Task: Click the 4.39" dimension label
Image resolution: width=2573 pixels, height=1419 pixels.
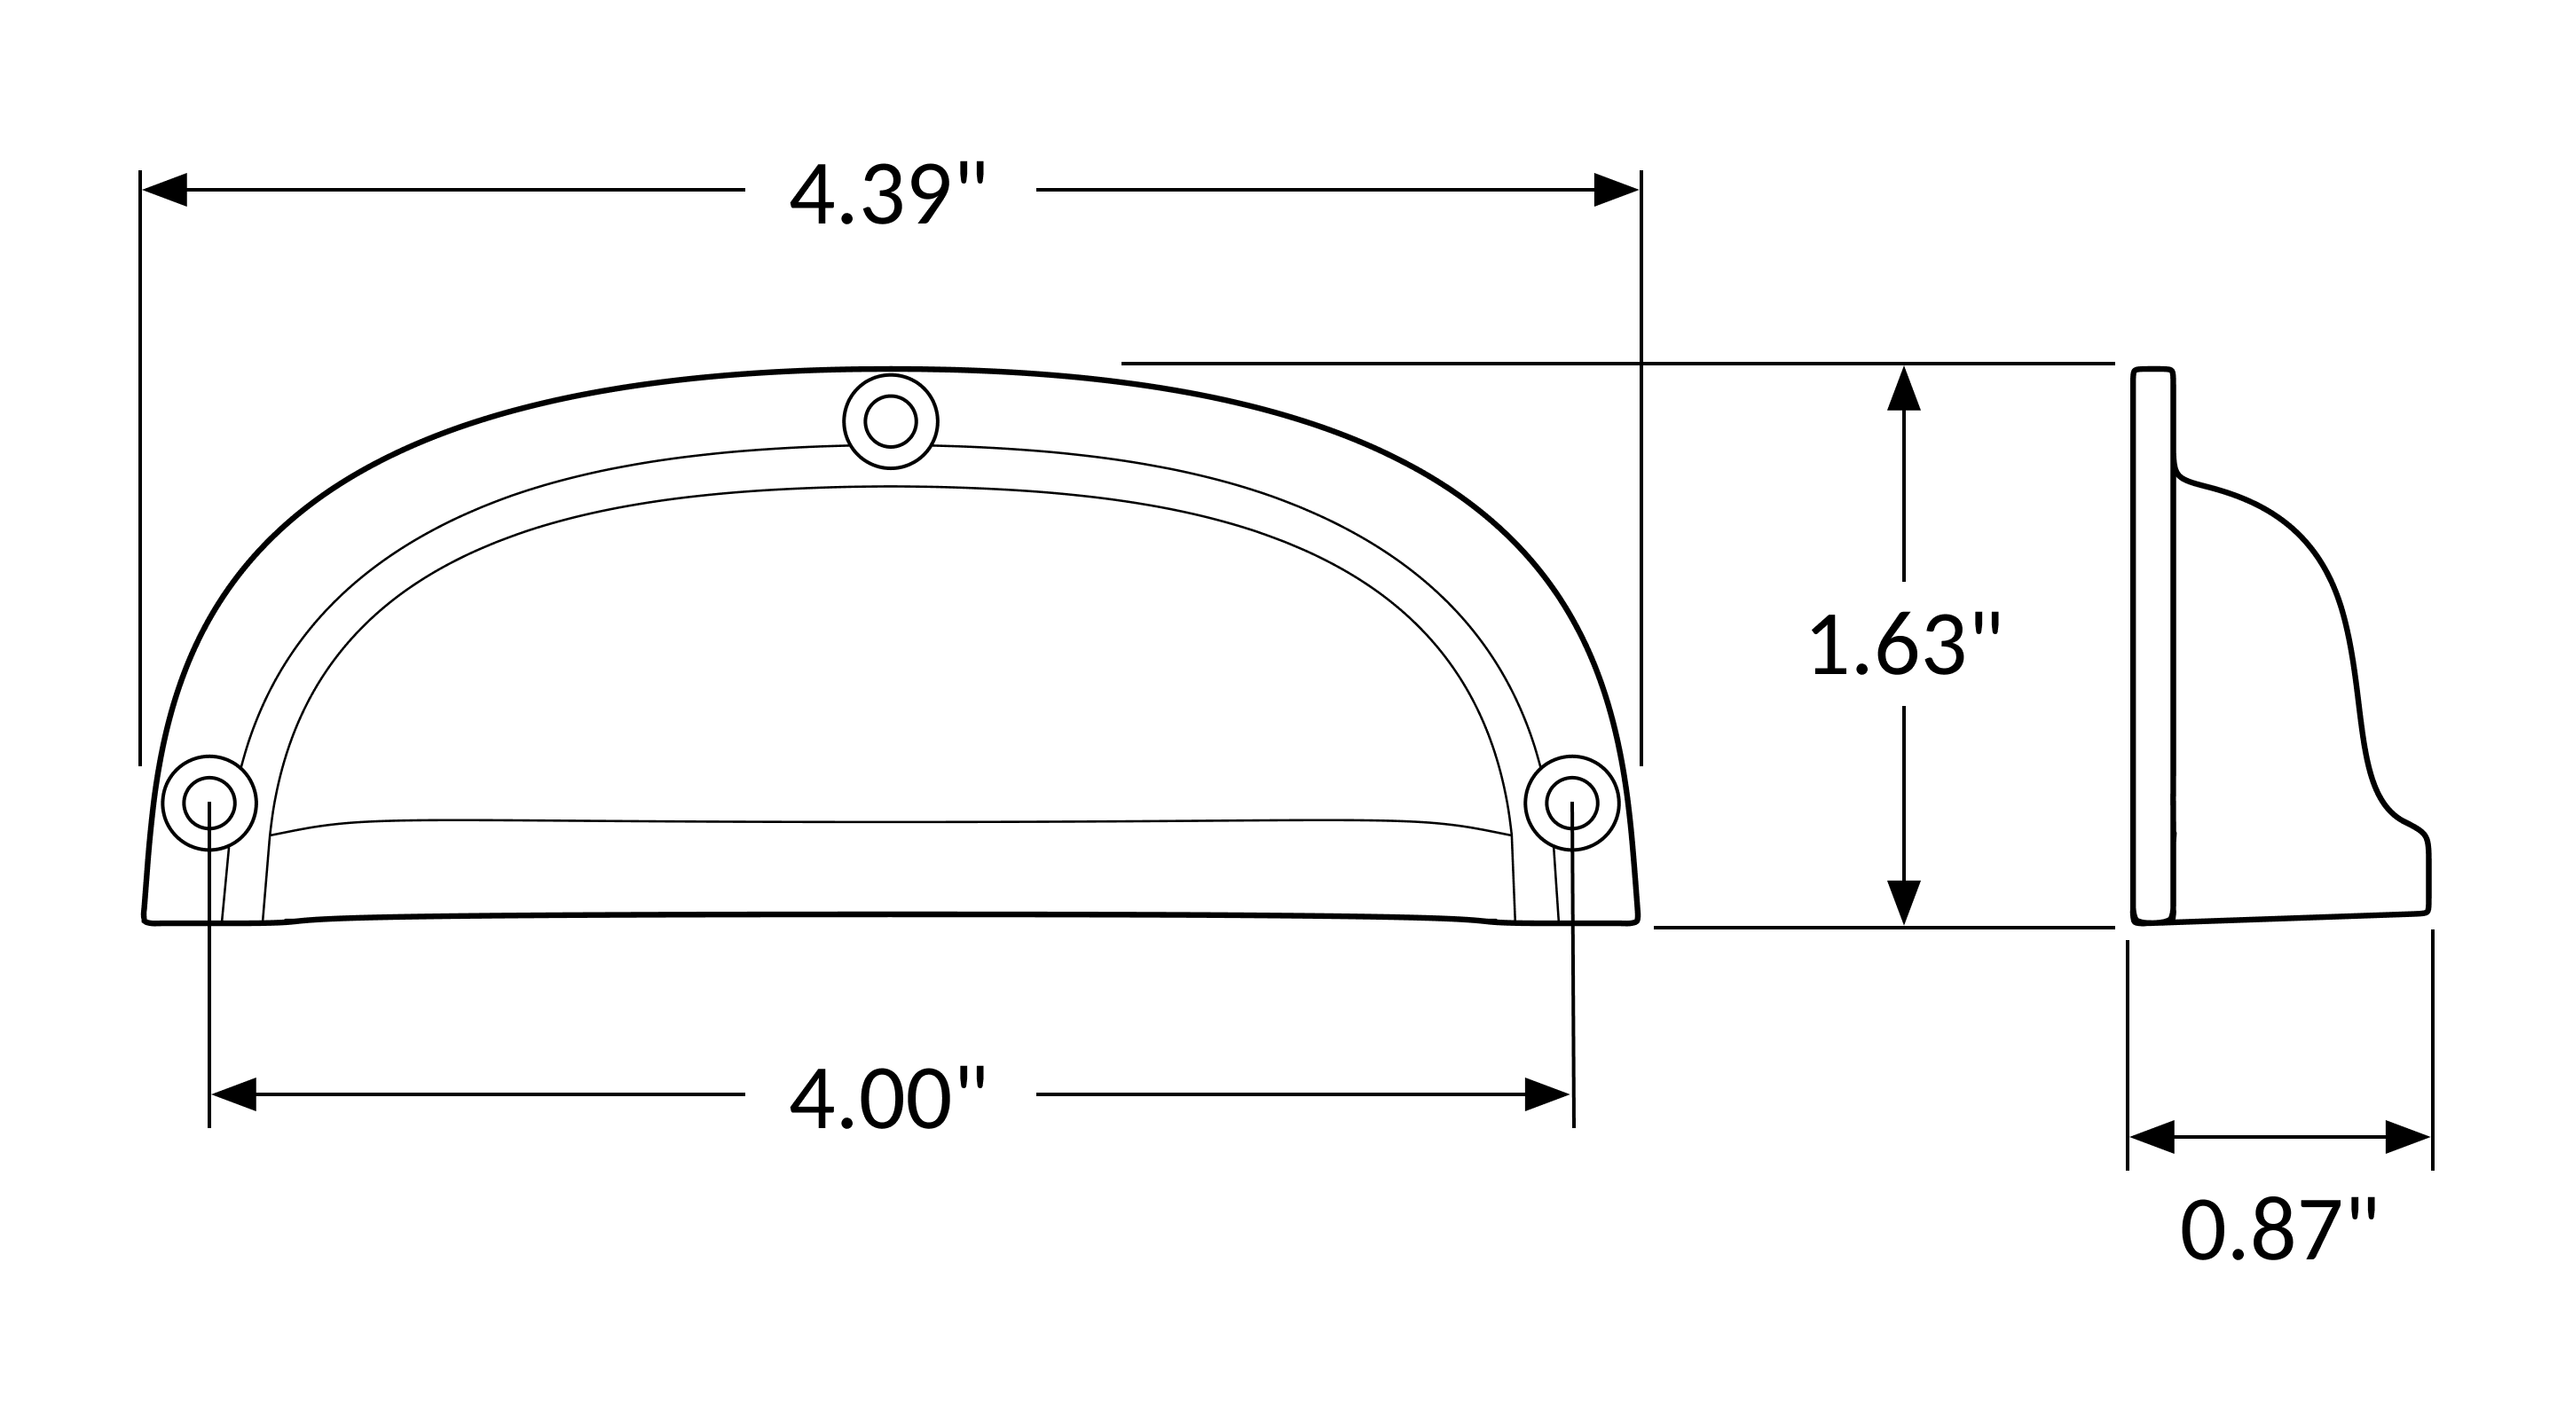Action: point(888,195)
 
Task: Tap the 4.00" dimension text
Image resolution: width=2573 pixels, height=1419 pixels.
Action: point(888,1100)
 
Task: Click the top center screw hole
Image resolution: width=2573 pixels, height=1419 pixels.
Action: point(891,421)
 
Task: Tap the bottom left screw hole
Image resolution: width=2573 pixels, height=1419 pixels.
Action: point(209,803)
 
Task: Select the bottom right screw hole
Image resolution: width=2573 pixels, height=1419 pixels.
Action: point(1572,803)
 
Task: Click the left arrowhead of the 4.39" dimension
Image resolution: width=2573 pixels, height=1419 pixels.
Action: point(165,190)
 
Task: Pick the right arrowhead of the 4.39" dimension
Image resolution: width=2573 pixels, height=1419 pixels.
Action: point(1617,190)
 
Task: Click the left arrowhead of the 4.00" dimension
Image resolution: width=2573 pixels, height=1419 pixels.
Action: point(233,1094)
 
